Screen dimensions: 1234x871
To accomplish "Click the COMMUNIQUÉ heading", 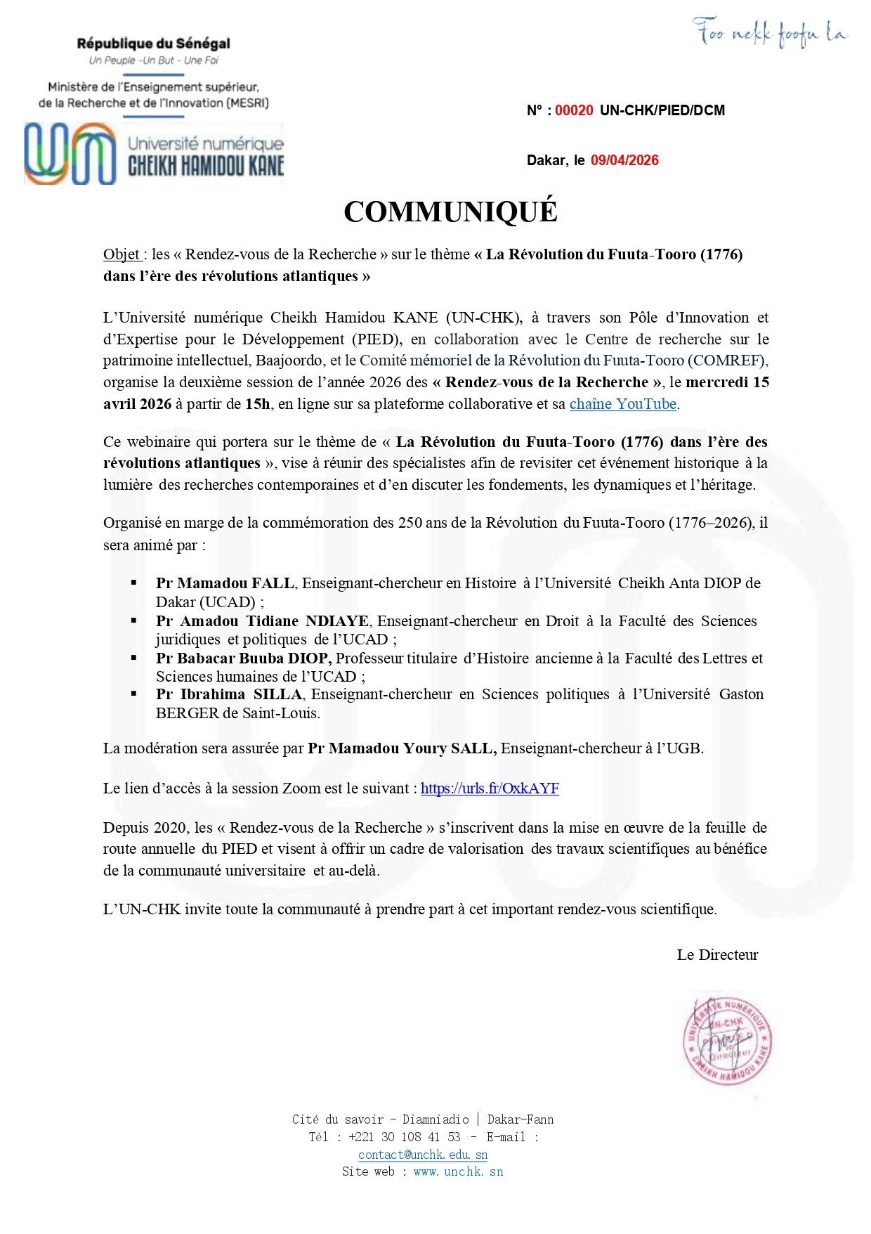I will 450,212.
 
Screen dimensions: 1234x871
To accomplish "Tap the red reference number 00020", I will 574,110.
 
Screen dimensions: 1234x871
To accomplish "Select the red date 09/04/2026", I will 624,160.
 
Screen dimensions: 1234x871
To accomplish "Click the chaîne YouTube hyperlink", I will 622,404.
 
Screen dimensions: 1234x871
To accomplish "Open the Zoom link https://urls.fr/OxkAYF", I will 490,788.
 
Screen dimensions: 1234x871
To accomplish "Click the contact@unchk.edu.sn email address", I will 422,1155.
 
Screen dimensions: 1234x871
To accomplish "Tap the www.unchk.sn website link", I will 458,1171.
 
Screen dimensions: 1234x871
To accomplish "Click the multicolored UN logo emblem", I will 70,153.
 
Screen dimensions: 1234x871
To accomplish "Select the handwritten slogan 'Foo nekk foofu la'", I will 770,32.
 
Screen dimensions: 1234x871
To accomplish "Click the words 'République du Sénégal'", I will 153,44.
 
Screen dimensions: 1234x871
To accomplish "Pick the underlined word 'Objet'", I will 122,254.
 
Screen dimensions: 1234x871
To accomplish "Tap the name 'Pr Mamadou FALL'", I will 225,583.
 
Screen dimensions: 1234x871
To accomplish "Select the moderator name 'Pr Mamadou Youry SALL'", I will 402,748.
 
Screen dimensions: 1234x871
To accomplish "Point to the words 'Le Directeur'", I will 717,955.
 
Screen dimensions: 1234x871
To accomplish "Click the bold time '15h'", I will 257,404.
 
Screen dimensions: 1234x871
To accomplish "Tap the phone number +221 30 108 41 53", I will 404,1137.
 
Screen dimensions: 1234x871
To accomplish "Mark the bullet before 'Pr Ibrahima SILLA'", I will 133,694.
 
